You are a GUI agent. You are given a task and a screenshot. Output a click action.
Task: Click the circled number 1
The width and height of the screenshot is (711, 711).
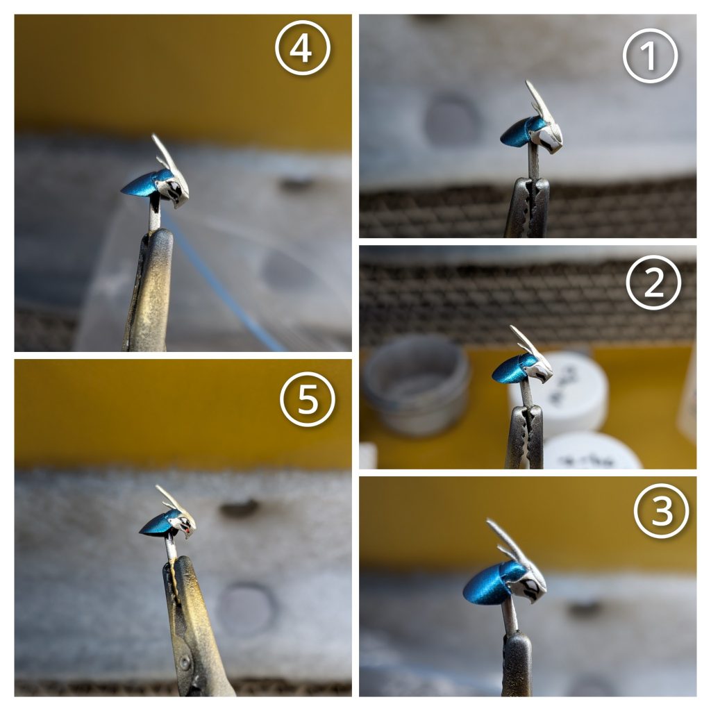click(x=650, y=56)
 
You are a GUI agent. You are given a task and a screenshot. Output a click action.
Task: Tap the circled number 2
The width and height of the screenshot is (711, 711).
click(x=653, y=283)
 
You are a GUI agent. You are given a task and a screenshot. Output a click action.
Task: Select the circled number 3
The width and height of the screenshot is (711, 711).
click(x=661, y=510)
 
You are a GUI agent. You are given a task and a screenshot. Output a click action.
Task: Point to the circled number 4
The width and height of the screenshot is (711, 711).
click(x=303, y=48)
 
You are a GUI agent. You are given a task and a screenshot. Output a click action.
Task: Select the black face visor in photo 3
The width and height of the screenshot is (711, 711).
click(x=530, y=587)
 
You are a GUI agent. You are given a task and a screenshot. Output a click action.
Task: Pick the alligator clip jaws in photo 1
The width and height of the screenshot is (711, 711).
click(x=527, y=208)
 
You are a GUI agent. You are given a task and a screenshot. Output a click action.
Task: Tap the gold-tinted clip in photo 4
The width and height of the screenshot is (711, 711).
click(x=148, y=290)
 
